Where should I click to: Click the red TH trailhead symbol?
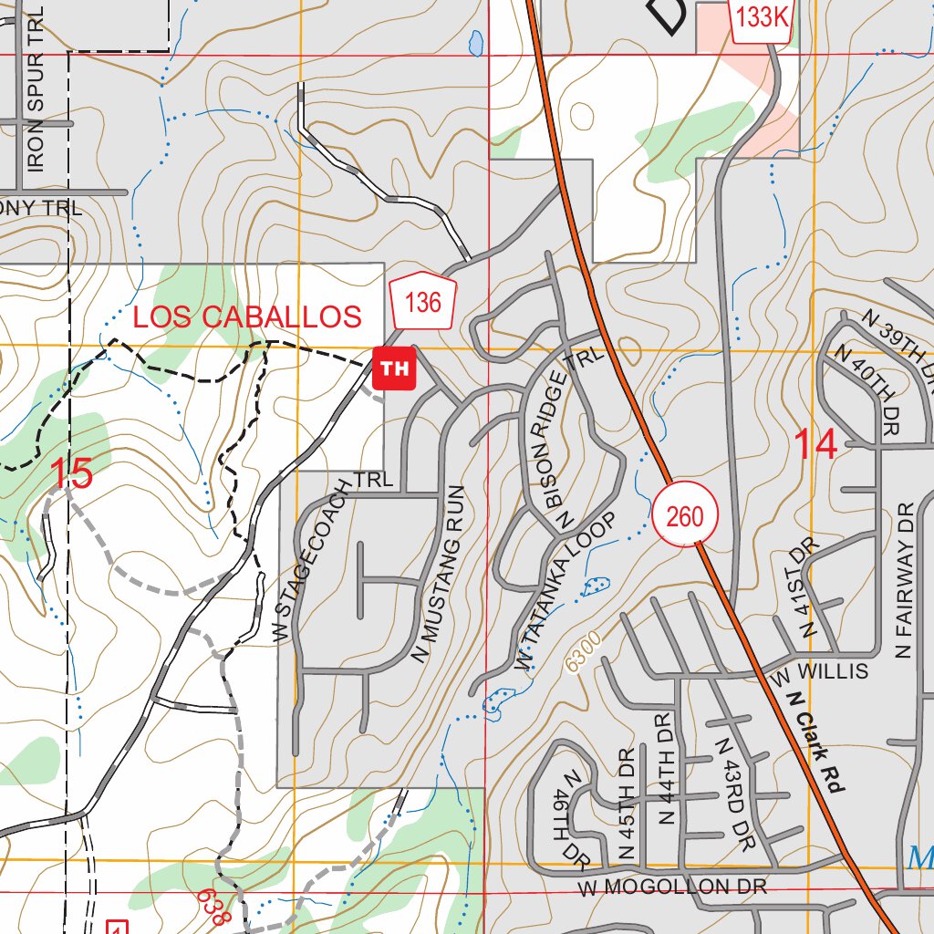pyautogui.click(x=394, y=368)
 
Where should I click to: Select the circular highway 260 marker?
pyautogui.click(x=684, y=516)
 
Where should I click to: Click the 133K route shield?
pyautogui.click(x=760, y=18)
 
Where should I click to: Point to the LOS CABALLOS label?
pyautogui.click(x=247, y=317)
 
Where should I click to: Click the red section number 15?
pyautogui.click(x=71, y=474)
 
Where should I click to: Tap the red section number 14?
pyautogui.click(x=815, y=445)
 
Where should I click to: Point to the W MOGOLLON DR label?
pyautogui.click(x=671, y=887)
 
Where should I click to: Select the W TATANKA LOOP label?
pyautogui.click(x=566, y=595)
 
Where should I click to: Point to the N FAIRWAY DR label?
pyautogui.click(x=905, y=580)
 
